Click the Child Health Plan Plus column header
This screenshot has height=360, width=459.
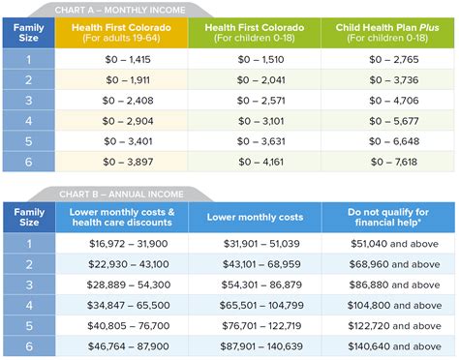click(388, 36)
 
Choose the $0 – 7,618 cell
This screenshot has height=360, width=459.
click(388, 163)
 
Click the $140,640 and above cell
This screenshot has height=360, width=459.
click(388, 345)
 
